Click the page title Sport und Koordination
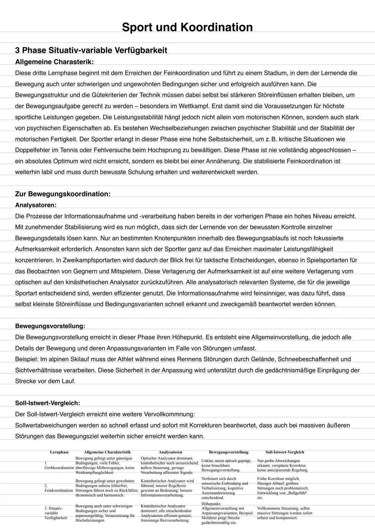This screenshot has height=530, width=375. pyautogui.click(x=187, y=27)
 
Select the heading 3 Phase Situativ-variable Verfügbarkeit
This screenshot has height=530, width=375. pyautogui.click(x=91, y=50)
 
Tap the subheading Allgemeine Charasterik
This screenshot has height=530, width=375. pyautogui.click(x=54, y=62)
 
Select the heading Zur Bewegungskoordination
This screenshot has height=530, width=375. pyautogui.click(x=62, y=194)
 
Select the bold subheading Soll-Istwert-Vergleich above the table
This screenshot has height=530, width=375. pyautogui.click(x=48, y=403)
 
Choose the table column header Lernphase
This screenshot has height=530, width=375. pyautogui.click(x=59, y=452)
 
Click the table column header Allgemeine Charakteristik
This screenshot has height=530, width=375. pyautogui.click(x=107, y=452)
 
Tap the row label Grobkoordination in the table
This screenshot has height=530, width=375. pyautogui.click(x=59, y=468)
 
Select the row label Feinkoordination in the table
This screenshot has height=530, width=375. pyautogui.click(x=59, y=490)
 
